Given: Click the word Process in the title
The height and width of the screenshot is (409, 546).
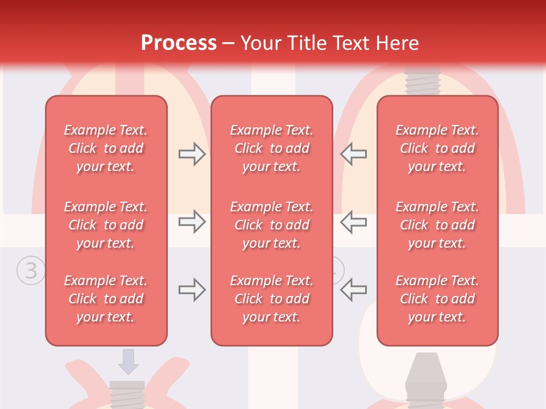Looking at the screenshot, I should pyautogui.click(x=179, y=43).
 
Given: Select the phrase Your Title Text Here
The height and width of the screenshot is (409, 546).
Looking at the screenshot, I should pyautogui.click(x=330, y=43).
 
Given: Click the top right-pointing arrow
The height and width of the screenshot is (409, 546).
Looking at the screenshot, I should pyautogui.click(x=192, y=154).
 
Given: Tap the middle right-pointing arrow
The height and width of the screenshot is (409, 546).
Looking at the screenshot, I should pyautogui.click(x=192, y=222).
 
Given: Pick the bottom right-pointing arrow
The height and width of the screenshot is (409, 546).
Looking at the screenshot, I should pyautogui.click(x=192, y=290).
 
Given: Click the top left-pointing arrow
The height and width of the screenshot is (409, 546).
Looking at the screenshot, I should pyautogui.click(x=354, y=154).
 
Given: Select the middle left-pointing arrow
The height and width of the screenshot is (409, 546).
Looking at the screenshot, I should pyautogui.click(x=354, y=222).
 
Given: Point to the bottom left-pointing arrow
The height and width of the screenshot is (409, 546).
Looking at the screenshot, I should pyautogui.click(x=354, y=290).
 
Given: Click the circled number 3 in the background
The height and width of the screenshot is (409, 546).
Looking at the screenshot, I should pyautogui.click(x=31, y=271).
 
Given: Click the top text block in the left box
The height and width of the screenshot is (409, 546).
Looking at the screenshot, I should pyautogui.click(x=106, y=148).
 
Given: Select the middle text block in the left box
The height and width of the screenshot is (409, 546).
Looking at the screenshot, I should pyautogui.click(x=106, y=225).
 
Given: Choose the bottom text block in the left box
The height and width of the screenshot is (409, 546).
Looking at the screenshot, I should pyautogui.click(x=106, y=299).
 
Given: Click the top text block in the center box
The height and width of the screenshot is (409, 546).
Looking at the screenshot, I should pyautogui.click(x=272, y=148).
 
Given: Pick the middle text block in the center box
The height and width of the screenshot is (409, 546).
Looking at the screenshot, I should pyautogui.click(x=272, y=225).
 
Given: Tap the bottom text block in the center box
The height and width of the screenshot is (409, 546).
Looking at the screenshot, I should pyautogui.click(x=272, y=299).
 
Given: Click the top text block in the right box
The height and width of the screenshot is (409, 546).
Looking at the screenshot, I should pyautogui.click(x=437, y=148).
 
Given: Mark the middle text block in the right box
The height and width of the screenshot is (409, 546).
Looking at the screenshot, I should pyautogui.click(x=437, y=225).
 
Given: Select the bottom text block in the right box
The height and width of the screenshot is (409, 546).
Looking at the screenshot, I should pyautogui.click(x=437, y=299).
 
